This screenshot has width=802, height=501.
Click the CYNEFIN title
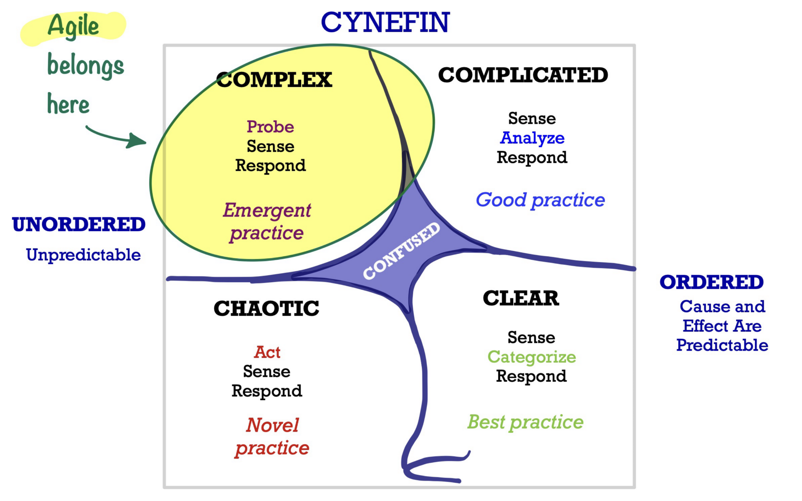point(385,22)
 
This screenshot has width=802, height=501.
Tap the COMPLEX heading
point(274,80)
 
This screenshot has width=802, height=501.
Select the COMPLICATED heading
point(523,75)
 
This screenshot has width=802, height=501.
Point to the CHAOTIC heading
point(266,308)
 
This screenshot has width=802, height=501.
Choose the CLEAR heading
point(521,298)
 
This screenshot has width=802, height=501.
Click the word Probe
point(270,127)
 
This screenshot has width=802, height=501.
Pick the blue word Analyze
point(532,138)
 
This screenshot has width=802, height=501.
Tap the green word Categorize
point(531,357)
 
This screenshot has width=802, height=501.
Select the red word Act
point(267,352)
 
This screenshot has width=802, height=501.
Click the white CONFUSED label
point(401,251)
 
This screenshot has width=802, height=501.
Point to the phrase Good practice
point(540,200)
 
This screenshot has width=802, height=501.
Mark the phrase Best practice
point(525,422)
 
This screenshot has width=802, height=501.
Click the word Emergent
point(267,211)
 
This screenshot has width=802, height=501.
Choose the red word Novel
point(272,425)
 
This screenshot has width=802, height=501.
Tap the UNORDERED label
point(79,225)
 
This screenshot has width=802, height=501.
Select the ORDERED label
point(712,282)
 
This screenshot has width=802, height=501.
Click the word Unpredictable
point(83,255)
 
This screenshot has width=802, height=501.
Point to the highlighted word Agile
point(73,26)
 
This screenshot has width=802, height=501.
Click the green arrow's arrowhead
point(137,141)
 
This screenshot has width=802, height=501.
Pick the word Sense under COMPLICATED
point(532,119)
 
